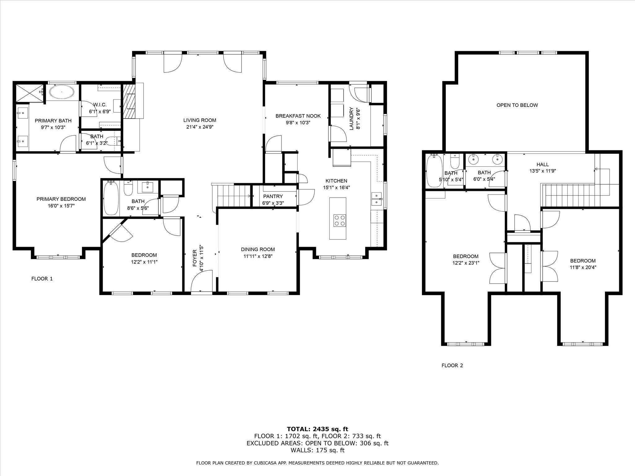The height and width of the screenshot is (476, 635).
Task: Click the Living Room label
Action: point(200,120)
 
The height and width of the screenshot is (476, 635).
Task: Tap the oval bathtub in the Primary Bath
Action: point(62,92)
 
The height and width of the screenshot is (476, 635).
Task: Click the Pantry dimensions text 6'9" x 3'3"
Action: point(273,203)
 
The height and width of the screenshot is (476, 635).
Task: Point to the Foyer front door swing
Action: point(201,280)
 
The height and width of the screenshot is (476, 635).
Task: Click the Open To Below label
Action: point(517,105)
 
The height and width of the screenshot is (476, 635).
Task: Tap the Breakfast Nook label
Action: point(298,116)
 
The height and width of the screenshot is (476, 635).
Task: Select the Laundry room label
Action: point(352,119)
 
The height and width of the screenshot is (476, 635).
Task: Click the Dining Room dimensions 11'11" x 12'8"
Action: point(258,256)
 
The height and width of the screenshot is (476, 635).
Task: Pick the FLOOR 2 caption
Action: point(452,366)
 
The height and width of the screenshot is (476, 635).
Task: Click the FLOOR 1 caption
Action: point(42,279)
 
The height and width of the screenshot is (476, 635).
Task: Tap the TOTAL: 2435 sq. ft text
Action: point(317,429)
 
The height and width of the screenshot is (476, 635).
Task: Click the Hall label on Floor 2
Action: point(543,165)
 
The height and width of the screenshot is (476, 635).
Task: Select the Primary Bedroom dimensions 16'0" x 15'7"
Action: point(61,206)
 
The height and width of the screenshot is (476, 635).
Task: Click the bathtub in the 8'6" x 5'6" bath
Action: point(111,198)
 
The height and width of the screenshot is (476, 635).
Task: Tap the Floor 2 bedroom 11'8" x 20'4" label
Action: point(583,261)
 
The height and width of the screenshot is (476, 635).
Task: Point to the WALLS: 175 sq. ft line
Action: point(317,450)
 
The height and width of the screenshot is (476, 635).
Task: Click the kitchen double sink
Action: point(376,199)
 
